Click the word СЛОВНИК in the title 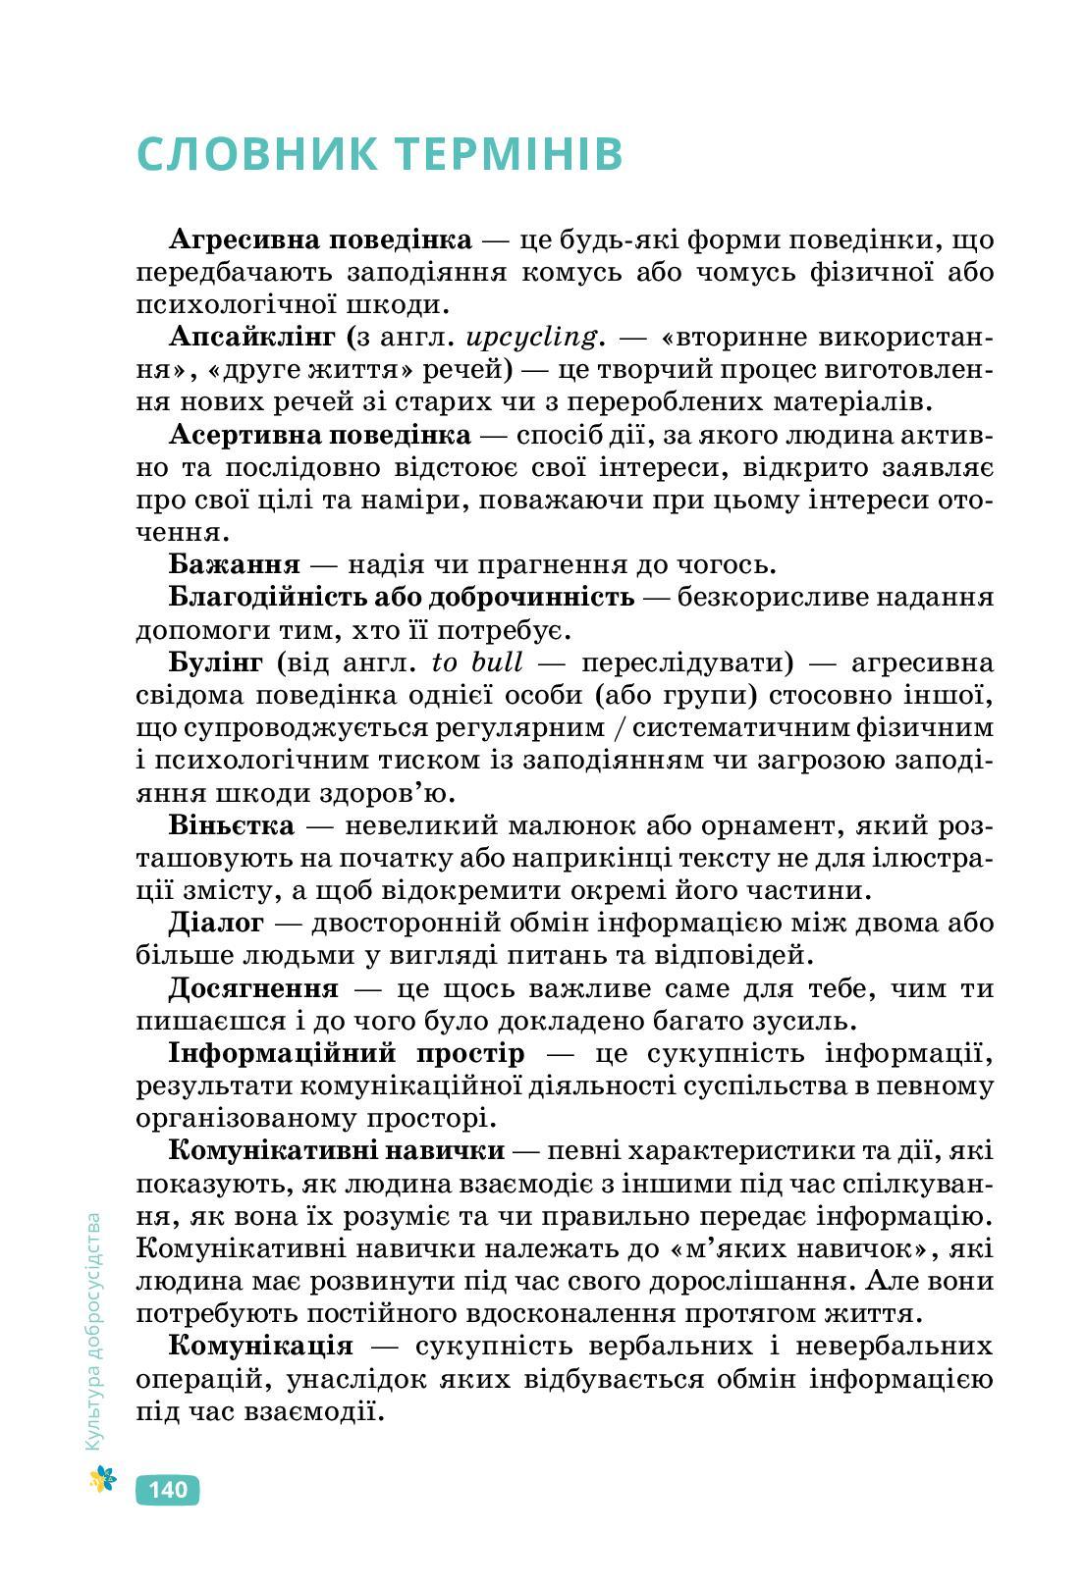pyautogui.click(x=257, y=154)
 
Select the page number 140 pyautogui.click(x=167, y=1490)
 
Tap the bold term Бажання pyautogui.click(x=234, y=564)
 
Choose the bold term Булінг pyautogui.click(x=215, y=662)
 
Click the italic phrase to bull pyautogui.click(x=476, y=662)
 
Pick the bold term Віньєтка pyautogui.click(x=231, y=824)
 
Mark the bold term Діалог pyautogui.click(x=216, y=923)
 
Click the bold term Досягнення pyautogui.click(x=253, y=987)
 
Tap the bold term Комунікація pyautogui.click(x=260, y=1345)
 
